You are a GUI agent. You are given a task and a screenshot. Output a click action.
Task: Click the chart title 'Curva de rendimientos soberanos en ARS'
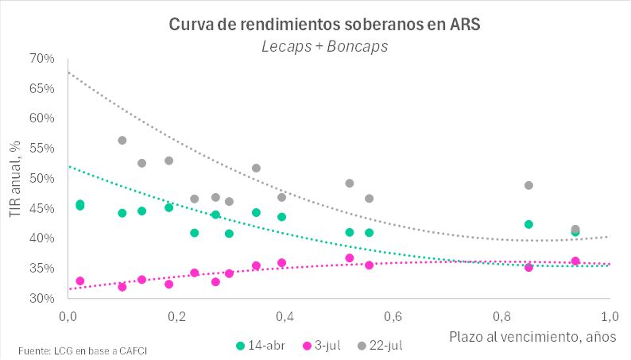(x=325, y=25)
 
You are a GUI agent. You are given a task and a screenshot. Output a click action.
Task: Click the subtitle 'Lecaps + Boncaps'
(x=325, y=46)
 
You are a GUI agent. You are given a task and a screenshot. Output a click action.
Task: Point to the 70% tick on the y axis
(x=42, y=59)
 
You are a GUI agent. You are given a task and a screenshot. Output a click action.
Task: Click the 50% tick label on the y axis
(x=42, y=179)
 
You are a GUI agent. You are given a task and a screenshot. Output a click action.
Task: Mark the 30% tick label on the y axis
(x=42, y=299)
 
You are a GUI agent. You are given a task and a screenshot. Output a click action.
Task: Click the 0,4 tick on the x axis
(x=284, y=315)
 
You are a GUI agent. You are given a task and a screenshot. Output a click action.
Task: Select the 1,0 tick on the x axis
(x=609, y=315)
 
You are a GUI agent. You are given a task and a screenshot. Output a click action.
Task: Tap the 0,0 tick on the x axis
(x=68, y=315)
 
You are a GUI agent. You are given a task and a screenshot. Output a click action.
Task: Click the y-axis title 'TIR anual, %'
(x=16, y=179)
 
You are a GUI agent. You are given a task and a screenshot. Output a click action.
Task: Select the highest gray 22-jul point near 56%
(x=122, y=141)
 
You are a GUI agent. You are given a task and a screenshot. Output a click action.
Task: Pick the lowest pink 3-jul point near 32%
(x=122, y=287)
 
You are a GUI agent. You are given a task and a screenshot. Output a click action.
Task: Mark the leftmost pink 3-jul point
(x=79, y=281)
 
